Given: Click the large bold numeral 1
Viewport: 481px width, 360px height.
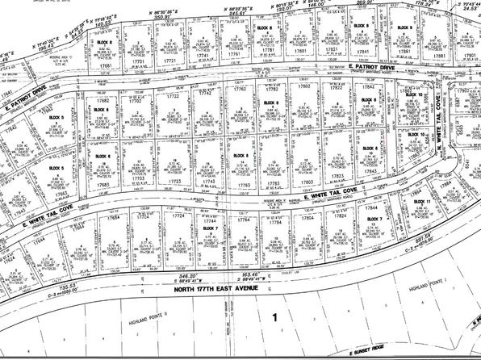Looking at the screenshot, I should coord(274,295).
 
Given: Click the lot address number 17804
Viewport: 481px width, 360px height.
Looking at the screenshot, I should coord(307,217).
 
